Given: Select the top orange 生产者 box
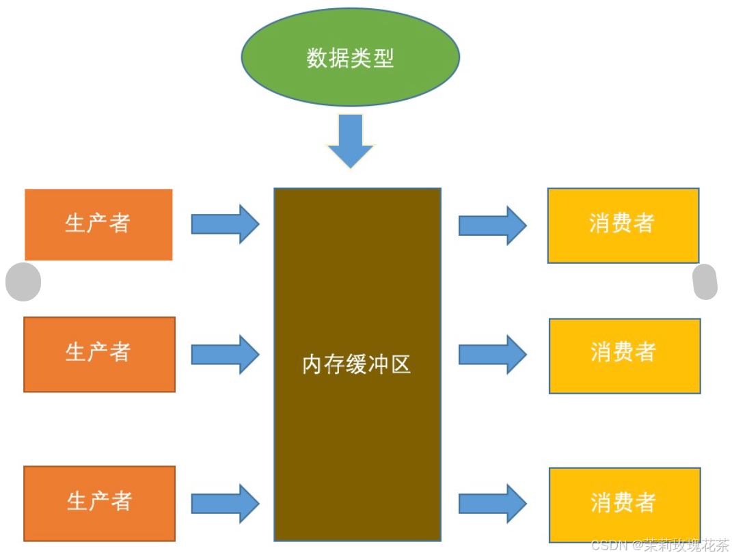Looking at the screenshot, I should pos(98,224).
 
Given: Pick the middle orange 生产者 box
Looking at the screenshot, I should pos(99,354).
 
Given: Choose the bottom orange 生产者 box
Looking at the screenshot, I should pos(99,503).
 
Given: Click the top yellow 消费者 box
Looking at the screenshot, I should pos(623,225).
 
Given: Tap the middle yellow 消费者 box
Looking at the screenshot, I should pos(625,355).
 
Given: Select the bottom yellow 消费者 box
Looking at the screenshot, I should pos(625,504).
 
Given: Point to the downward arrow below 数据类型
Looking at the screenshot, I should pos(351,140).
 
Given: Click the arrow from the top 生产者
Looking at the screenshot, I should pos(225,223).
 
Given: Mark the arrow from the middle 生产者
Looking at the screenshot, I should pos(225,354).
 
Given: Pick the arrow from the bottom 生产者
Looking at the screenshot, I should pos(225,504).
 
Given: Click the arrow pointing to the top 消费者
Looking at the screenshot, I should pos(492,225).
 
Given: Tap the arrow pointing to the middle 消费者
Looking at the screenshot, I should pos(492,354).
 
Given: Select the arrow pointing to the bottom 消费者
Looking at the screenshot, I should pos(492,504).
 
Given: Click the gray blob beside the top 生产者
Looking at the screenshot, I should pos(23,282).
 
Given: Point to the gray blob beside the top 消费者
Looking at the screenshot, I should pos(705,282).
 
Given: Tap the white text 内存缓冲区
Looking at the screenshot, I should pos(357,365).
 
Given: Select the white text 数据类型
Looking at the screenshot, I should pos(350,58).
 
